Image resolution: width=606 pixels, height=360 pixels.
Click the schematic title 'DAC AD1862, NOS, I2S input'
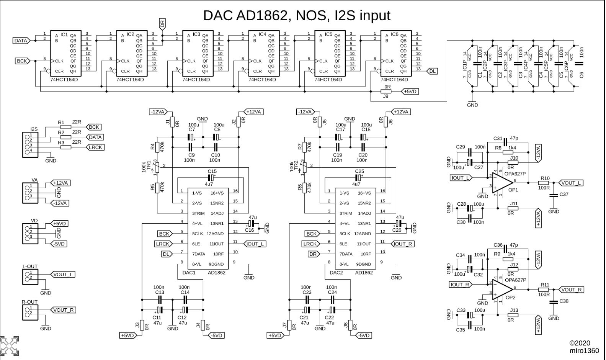(297, 16)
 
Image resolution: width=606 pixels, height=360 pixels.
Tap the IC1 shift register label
(64, 34)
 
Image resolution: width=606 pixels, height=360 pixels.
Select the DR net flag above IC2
(162, 24)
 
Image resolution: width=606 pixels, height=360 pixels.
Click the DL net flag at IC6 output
(432, 71)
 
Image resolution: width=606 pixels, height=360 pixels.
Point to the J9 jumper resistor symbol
(385, 92)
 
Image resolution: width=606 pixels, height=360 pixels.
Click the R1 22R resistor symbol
(66, 127)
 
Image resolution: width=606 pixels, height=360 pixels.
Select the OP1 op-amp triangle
(502, 182)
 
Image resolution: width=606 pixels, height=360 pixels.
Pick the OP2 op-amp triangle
(502, 290)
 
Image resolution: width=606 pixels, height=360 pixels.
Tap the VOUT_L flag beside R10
(570, 183)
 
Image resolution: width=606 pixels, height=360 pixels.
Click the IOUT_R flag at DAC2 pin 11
(403, 244)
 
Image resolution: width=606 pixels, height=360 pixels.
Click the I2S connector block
(30, 144)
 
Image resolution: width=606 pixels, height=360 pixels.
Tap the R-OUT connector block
(30, 313)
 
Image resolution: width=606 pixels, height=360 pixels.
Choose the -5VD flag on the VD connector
(59, 244)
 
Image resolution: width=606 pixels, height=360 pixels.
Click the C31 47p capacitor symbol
(505, 142)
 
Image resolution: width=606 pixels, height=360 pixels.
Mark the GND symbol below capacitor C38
(554, 316)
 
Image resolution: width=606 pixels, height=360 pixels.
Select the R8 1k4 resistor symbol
(508, 152)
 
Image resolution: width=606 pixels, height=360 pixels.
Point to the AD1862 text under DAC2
(364, 273)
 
